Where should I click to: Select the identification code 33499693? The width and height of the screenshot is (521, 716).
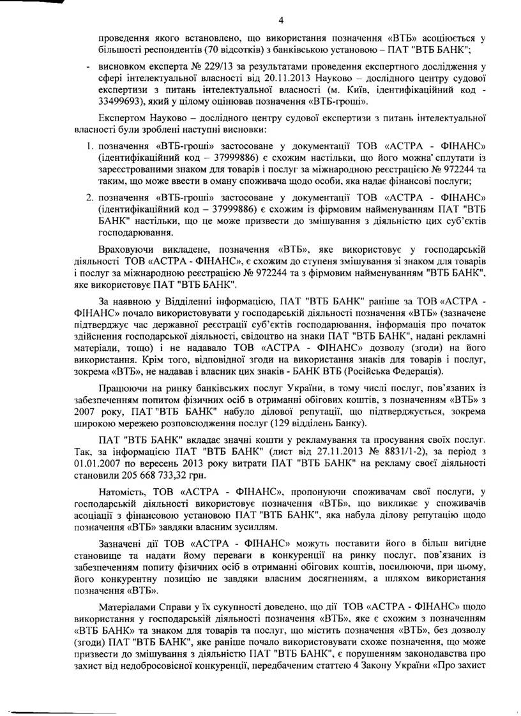[x=115, y=102]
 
